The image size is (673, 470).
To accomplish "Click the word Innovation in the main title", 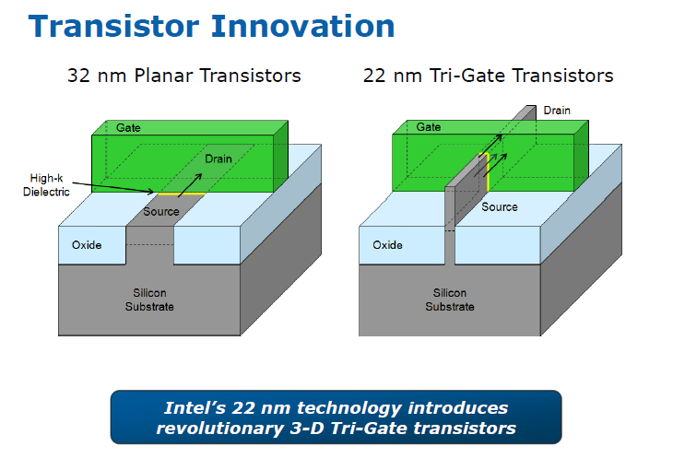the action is (x=302, y=26).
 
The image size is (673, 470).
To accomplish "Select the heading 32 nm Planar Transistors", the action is (x=184, y=76).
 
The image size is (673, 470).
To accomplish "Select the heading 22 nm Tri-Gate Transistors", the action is (x=488, y=76).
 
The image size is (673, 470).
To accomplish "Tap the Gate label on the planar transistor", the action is (x=128, y=127).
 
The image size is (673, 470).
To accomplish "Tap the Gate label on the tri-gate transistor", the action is (x=429, y=127).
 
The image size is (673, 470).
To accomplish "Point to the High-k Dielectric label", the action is (x=46, y=185).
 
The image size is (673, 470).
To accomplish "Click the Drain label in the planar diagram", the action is (x=218, y=159).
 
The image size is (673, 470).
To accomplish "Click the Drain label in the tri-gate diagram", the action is (x=557, y=111).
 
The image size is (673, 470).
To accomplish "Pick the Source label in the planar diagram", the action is (x=161, y=211).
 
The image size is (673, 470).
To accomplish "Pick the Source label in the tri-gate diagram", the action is (x=499, y=206).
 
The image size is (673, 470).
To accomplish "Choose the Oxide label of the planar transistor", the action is (x=87, y=245).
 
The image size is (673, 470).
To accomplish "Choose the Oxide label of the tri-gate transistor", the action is (x=387, y=245).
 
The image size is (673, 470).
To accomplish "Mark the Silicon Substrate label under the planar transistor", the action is (x=149, y=300).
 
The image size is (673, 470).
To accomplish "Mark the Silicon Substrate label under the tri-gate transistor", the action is (x=449, y=300).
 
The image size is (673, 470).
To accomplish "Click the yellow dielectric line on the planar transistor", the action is (x=182, y=194).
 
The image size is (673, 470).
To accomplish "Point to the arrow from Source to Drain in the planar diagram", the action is (x=190, y=185).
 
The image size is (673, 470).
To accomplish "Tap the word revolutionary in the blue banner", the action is (x=219, y=429).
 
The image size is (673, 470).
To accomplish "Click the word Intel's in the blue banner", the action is (x=195, y=407).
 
